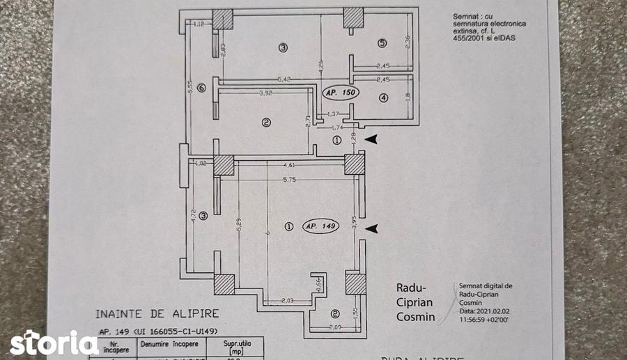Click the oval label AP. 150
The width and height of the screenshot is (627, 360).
pyautogui.click(x=340, y=92)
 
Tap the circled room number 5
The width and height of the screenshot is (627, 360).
pyautogui.click(x=382, y=44)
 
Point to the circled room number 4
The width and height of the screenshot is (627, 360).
pyautogui.click(x=382, y=98)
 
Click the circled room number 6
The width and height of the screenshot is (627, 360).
pyautogui.click(x=201, y=88)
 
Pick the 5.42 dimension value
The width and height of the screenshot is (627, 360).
pyautogui.click(x=284, y=79)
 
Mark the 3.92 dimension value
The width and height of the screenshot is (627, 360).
pyautogui.click(x=265, y=93)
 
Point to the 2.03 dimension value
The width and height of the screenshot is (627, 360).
pyautogui.click(x=288, y=301)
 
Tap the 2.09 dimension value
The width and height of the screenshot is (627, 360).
pyautogui.click(x=334, y=327)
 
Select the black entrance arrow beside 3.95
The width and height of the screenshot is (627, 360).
pyautogui.click(x=374, y=228)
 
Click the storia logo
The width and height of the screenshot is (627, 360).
pyautogui.click(x=54, y=343)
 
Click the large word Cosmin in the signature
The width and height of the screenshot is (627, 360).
pyautogui.click(x=416, y=317)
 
